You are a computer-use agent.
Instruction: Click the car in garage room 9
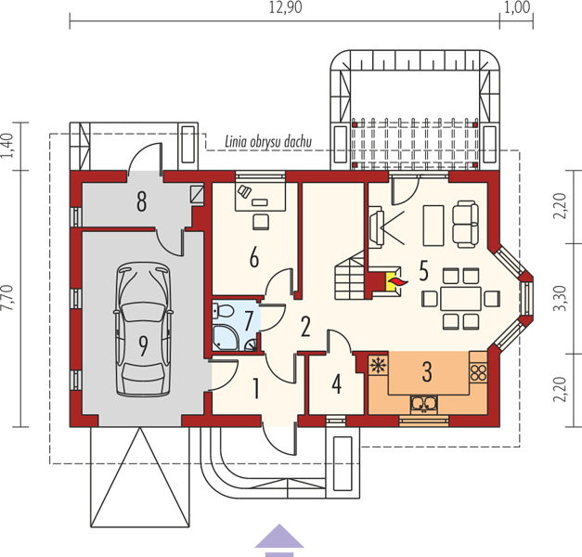(143, 330)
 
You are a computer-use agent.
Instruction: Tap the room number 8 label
(141, 202)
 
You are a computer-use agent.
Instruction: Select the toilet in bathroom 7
(223, 310)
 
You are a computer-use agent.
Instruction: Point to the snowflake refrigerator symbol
(378, 365)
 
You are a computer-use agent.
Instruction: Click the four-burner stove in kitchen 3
(478, 373)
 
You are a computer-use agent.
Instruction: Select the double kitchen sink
(424, 404)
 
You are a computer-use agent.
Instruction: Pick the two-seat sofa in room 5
(464, 224)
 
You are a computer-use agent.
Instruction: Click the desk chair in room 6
(261, 222)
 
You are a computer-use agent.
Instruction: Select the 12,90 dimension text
(286, 7)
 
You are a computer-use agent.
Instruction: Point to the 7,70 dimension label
(7, 297)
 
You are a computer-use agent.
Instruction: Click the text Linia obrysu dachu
(268, 142)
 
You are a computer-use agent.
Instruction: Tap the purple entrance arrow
(279, 540)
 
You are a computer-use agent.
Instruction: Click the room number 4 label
(337, 384)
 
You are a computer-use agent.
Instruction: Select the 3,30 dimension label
(561, 298)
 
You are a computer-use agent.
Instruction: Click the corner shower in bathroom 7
(226, 338)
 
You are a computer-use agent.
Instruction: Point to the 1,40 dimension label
(7, 145)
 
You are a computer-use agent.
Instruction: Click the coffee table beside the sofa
(433, 226)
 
